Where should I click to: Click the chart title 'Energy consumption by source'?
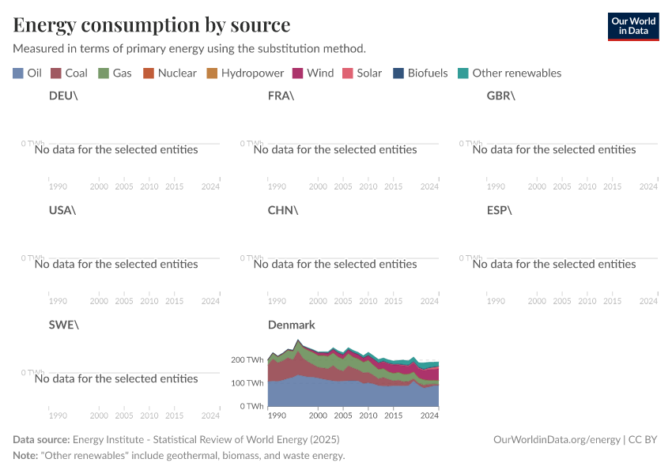coord(152,24)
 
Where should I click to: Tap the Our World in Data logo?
coord(632,26)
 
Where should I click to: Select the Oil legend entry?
coord(28,73)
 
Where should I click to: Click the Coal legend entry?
coord(69,73)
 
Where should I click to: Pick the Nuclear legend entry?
coord(169,73)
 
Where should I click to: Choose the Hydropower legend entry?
coord(245,73)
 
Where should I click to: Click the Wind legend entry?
coord(313,73)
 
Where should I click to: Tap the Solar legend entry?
coord(361,73)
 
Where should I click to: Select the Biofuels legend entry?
coord(420,73)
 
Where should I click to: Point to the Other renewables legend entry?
coord(509,73)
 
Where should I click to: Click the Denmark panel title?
coord(291,325)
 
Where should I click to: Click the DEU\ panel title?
coord(63,96)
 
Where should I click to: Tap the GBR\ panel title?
coord(500,96)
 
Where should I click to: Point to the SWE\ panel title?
coord(64,325)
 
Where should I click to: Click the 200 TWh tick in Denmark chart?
coord(247,359)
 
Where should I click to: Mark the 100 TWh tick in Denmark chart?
coord(247,383)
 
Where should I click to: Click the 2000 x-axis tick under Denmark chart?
coord(317,415)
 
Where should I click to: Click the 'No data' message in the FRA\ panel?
coord(335,149)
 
